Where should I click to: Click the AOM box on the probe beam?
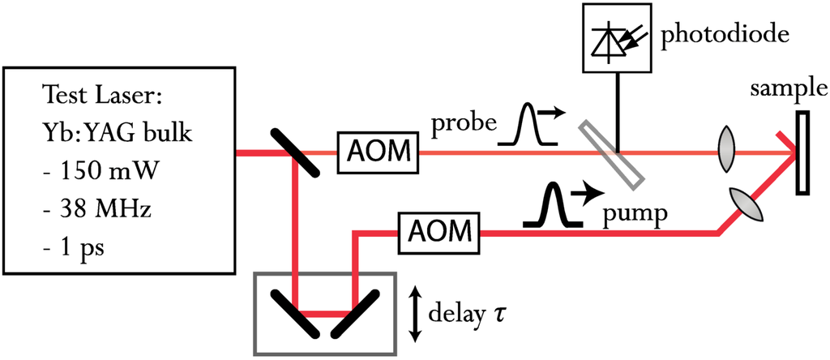(x=378, y=152)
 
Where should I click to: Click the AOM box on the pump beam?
(x=438, y=233)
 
